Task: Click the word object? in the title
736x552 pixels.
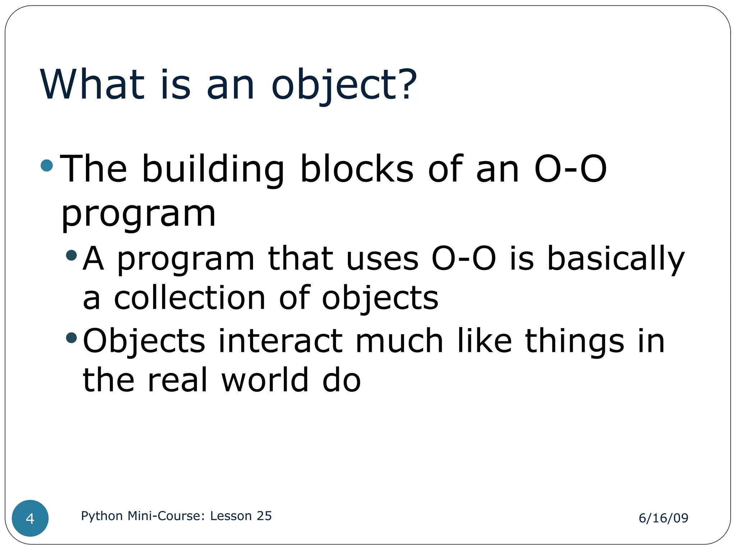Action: (344, 86)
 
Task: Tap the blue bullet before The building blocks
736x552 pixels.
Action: (47, 166)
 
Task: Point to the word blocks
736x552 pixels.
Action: (356, 169)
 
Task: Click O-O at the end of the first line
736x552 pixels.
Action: (570, 169)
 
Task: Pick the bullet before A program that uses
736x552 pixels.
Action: (72, 256)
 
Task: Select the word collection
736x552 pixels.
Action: (190, 298)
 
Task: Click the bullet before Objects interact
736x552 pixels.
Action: (72, 338)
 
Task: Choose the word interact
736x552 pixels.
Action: (280, 341)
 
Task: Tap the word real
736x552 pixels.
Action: (178, 380)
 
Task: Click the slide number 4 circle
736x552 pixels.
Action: (30, 518)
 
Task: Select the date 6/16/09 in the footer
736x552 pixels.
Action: (663, 518)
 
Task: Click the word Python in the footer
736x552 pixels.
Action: (102, 516)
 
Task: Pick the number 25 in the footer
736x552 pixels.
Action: (264, 516)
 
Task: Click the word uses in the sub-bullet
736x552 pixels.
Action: (382, 259)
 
